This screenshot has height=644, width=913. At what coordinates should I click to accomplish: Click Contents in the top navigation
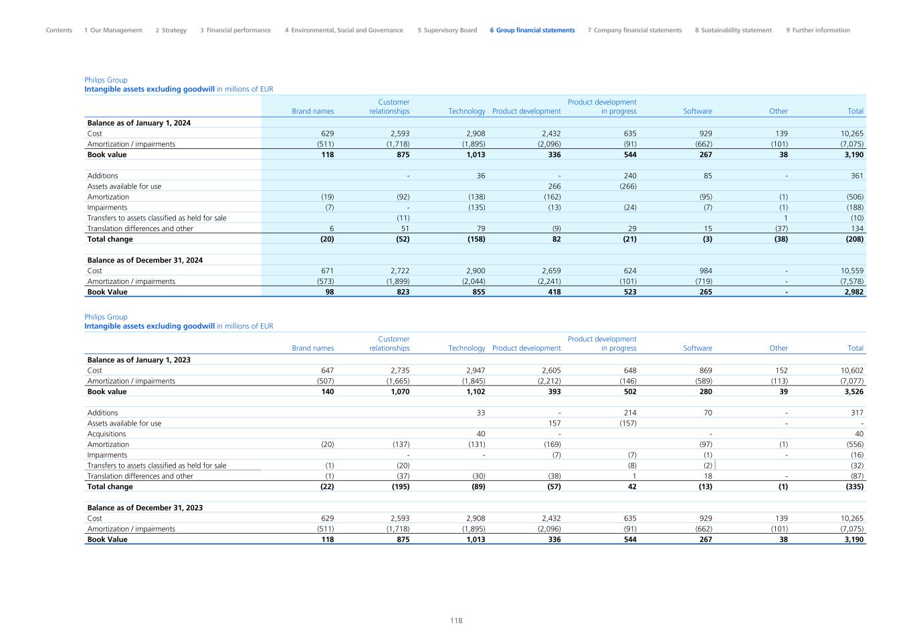pyautogui.click(x=59, y=30)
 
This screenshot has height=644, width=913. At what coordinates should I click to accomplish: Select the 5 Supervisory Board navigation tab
pyautogui.click(x=447, y=30)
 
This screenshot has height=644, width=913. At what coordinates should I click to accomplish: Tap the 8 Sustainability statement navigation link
pyautogui.click(x=733, y=30)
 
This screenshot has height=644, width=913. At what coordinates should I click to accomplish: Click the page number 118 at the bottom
pyautogui.click(x=456, y=621)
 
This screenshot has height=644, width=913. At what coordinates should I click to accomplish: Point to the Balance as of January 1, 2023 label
pyautogui.click(x=138, y=360)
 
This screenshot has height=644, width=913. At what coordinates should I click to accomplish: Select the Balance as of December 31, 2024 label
pyautogui.click(x=144, y=261)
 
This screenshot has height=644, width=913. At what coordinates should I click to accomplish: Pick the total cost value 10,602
pyautogui.click(x=851, y=371)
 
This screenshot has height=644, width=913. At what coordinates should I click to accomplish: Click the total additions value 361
pyautogui.click(x=857, y=176)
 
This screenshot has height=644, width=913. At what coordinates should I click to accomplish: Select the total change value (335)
pyautogui.click(x=854, y=487)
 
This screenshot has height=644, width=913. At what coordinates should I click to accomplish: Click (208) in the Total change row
pyautogui.click(x=854, y=239)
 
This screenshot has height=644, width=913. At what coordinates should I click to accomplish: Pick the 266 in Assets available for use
pyautogui.click(x=554, y=186)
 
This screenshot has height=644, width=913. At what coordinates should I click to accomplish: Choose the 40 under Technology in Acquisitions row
pyautogui.click(x=480, y=434)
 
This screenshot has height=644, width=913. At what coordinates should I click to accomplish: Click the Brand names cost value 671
pyautogui.click(x=327, y=271)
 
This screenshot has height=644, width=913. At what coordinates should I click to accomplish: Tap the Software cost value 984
pyautogui.click(x=705, y=271)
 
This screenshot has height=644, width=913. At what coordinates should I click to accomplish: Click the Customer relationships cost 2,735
pyautogui.click(x=399, y=371)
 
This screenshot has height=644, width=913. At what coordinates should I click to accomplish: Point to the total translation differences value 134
pyautogui.click(x=857, y=228)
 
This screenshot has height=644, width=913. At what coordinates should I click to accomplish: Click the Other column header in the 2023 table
pyautogui.click(x=778, y=349)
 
